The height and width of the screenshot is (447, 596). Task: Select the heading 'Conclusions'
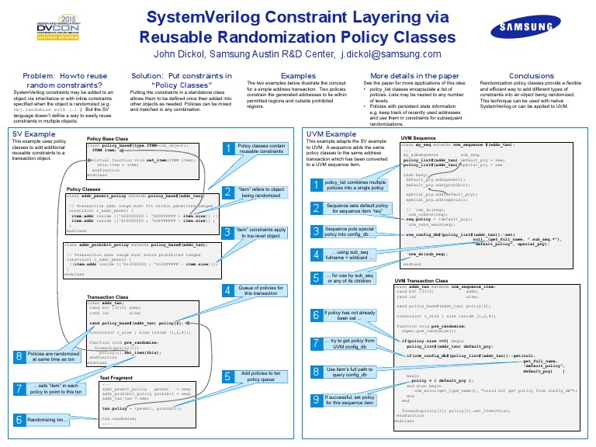(532, 76)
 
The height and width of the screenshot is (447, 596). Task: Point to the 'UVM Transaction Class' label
(432, 280)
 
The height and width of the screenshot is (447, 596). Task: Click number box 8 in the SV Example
(19, 355)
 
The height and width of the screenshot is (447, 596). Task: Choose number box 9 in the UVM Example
(316, 399)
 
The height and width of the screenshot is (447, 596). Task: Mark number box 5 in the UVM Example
(316, 277)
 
